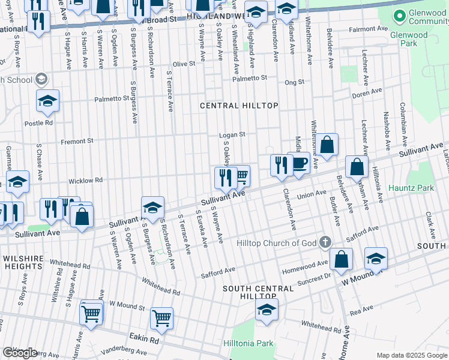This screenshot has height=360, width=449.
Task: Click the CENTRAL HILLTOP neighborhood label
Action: (x=239, y=106)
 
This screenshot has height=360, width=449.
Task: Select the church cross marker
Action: (x=325, y=242)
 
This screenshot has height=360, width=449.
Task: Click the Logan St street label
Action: (x=232, y=135)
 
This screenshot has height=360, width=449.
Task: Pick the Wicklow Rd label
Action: (x=85, y=180)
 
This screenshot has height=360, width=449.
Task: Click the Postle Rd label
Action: (x=38, y=122)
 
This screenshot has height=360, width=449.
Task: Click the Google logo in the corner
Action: (x=20, y=353)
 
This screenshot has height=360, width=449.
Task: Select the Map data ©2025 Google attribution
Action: (x=411, y=355)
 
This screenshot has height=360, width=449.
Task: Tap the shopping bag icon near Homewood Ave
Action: (x=341, y=259)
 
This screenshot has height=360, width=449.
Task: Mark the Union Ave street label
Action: (x=312, y=194)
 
